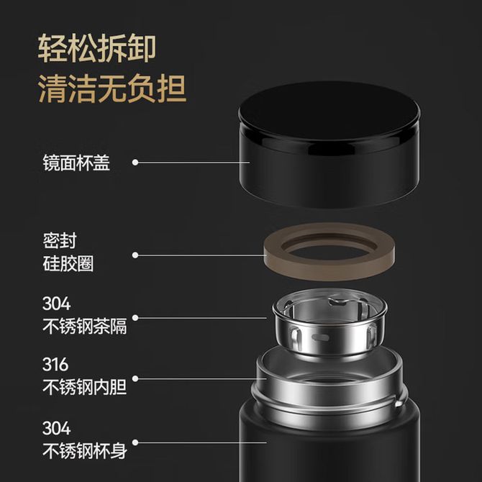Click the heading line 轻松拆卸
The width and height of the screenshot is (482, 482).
[x=97, y=48]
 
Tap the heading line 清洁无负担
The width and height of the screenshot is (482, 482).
[x=112, y=88]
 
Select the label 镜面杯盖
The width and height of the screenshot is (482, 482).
[x=76, y=163]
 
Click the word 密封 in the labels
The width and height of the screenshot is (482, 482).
[x=60, y=241]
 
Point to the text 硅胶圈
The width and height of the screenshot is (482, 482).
[x=68, y=264]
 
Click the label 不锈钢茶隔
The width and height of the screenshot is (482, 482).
[x=85, y=326]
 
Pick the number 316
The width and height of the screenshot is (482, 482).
[x=55, y=365]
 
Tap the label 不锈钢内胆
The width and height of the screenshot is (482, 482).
[x=85, y=387]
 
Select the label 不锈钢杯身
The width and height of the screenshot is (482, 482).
[x=85, y=450]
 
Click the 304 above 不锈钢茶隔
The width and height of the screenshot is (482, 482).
[x=56, y=304]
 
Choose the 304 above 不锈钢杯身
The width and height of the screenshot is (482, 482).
[x=56, y=428]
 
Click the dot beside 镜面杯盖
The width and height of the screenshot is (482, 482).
[x=135, y=163]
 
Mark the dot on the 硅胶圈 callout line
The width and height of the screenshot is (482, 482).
[x=135, y=255]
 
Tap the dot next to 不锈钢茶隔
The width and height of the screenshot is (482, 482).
[x=135, y=317]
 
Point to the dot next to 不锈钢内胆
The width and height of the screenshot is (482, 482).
[x=135, y=378]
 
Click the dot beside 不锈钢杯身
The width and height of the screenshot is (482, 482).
[x=135, y=442]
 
